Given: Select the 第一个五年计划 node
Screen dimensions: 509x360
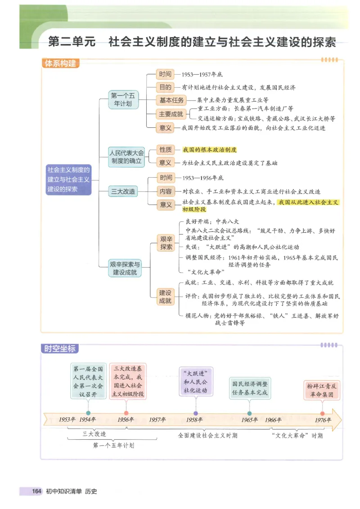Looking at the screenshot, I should click(123, 99).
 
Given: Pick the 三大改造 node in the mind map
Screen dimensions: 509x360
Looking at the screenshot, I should click(123, 192).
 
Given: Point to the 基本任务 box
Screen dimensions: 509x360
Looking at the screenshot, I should click(171, 100).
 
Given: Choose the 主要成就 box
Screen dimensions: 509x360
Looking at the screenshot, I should click(171, 114).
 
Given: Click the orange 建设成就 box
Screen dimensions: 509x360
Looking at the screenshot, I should click(165, 297).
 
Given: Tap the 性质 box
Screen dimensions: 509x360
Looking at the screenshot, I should click(166, 150).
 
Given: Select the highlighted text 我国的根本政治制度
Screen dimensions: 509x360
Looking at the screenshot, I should click(209, 150).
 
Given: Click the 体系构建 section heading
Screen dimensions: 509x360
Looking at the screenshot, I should click(59, 64).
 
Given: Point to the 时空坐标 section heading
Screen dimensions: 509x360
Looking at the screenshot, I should click(59, 348).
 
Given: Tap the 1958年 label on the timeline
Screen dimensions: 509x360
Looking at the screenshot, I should click(194, 420).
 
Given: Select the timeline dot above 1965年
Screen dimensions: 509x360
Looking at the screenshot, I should click(249, 413).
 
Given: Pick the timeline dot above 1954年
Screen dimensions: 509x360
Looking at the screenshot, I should click(88, 413).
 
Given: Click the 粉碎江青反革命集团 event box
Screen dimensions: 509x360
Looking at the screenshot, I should click(322, 390).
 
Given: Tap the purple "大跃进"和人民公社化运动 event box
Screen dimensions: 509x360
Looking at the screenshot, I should click(195, 382).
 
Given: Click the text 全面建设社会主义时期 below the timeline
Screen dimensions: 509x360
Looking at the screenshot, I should click(207, 436).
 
